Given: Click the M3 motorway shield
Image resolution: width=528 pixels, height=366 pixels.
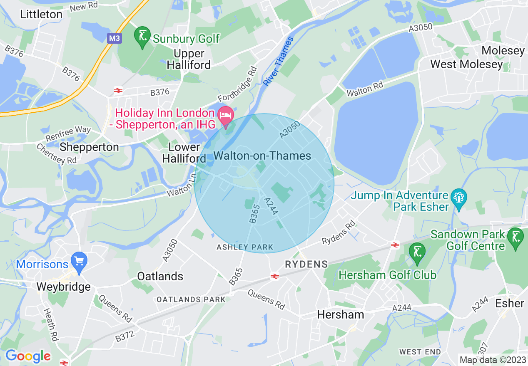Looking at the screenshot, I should pyautogui.click(x=115, y=39).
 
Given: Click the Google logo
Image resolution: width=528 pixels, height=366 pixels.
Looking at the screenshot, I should pyautogui.click(x=28, y=356).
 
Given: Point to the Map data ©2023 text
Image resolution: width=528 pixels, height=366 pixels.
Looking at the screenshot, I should pyautogui.click(x=492, y=360).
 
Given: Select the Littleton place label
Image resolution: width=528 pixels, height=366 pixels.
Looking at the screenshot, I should pyautogui.click(x=41, y=14).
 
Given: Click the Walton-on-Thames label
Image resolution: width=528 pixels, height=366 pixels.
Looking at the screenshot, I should pyautogui.click(x=262, y=156).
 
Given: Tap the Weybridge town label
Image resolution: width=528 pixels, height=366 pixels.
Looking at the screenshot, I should pyautogui.click(x=63, y=287).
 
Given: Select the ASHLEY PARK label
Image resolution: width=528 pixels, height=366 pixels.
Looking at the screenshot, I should pyautogui.click(x=245, y=247).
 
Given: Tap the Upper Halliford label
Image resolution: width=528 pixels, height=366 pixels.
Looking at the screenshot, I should pyautogui.click(x=189, y=59).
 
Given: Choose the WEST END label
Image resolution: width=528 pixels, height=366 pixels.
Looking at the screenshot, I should pyautogui.click(x=420, y=352).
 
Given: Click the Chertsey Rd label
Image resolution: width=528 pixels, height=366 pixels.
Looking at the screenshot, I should pyautogui.click(x=56, y=154).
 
